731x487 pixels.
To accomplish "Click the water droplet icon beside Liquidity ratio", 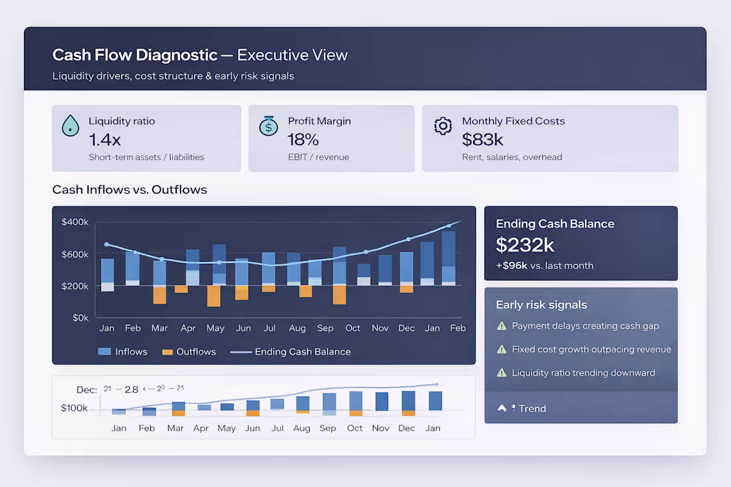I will pos(70,126).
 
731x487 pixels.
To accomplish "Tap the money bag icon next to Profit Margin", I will pos(268,126).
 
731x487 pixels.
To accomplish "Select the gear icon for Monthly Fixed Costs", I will pos(443,126).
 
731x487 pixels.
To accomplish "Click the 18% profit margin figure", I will pos(303,140).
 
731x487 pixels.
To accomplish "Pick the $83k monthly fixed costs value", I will pos(482,140).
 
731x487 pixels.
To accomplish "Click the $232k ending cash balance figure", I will pos(525,244).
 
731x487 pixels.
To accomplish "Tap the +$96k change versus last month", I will pos(511,266).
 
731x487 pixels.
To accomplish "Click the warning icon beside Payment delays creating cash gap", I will pos(502,326).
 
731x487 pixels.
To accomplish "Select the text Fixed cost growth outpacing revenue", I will pos(591,349).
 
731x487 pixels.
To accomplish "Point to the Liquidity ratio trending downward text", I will pos(583,373).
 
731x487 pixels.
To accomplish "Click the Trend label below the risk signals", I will pos(532,409).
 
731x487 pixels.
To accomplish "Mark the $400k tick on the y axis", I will pos(75,222).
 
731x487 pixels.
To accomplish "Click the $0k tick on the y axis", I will pos(80,318).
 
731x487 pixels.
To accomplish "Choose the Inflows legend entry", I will pos(122,351).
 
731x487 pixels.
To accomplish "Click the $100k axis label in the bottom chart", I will pos(74,408).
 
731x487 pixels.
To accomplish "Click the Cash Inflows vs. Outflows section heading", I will pos(130,190).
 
